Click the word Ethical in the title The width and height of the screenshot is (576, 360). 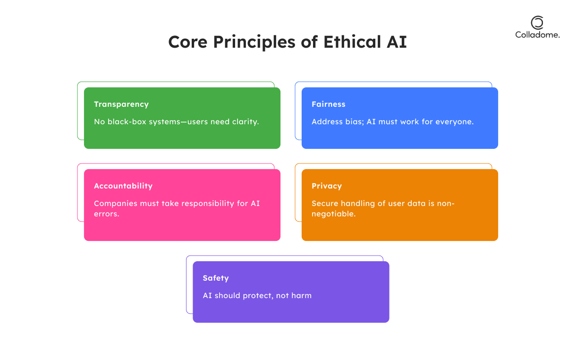click(352, 42)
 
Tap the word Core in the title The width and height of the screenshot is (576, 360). click(188, 42)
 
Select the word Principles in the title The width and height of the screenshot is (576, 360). click(254, 43)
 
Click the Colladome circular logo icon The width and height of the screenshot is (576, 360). click(537, 23)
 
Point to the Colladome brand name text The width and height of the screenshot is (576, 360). click(537, 35)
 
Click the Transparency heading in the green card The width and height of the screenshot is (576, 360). click(121, 104)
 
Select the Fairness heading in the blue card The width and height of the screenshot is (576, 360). click(329, 104)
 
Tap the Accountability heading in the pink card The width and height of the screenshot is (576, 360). click(123, 186)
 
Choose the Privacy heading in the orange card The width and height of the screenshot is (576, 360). click(327, 186)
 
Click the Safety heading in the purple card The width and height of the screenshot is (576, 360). click(216, 278)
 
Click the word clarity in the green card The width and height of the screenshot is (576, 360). click(246, 122)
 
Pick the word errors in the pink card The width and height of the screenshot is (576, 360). click(106, 214)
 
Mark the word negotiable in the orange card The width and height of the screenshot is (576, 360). click(333, 214)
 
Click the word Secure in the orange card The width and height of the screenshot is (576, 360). click(325, 204)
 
